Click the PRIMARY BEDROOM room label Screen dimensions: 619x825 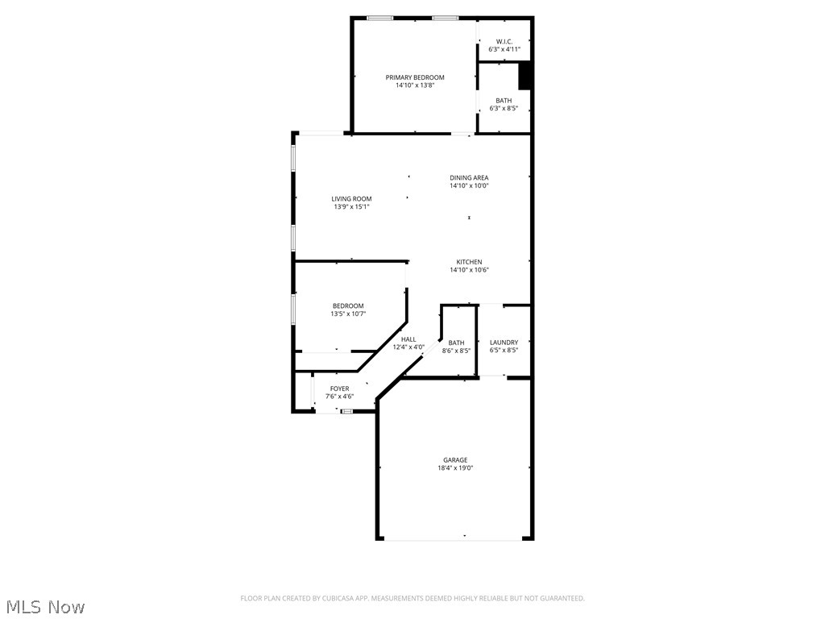coord(415,77)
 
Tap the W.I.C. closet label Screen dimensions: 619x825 coord(504,41)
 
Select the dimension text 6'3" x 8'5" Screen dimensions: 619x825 coord(504,108)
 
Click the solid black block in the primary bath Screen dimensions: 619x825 coord(524,77)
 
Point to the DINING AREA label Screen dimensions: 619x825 coord(469,178)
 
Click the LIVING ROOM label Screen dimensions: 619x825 coord(352,199)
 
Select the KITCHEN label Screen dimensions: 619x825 coord(469,262)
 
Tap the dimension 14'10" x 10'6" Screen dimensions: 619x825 coord(469,270)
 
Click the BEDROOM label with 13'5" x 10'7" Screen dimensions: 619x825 coord(348,306)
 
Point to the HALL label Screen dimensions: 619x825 coord(408,339)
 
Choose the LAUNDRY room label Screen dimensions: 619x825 coord(504,343)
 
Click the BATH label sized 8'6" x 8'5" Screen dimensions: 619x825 coord(456,343)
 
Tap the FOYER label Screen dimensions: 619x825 coord(339,388)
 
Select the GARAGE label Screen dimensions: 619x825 coord(455,460)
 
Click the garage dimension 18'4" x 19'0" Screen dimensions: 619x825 coord(455,468)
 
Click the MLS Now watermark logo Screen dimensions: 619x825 coord(45,606)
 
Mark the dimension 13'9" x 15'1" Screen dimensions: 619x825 coord(352,207)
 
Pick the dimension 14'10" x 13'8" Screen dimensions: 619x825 coord(415,85)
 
